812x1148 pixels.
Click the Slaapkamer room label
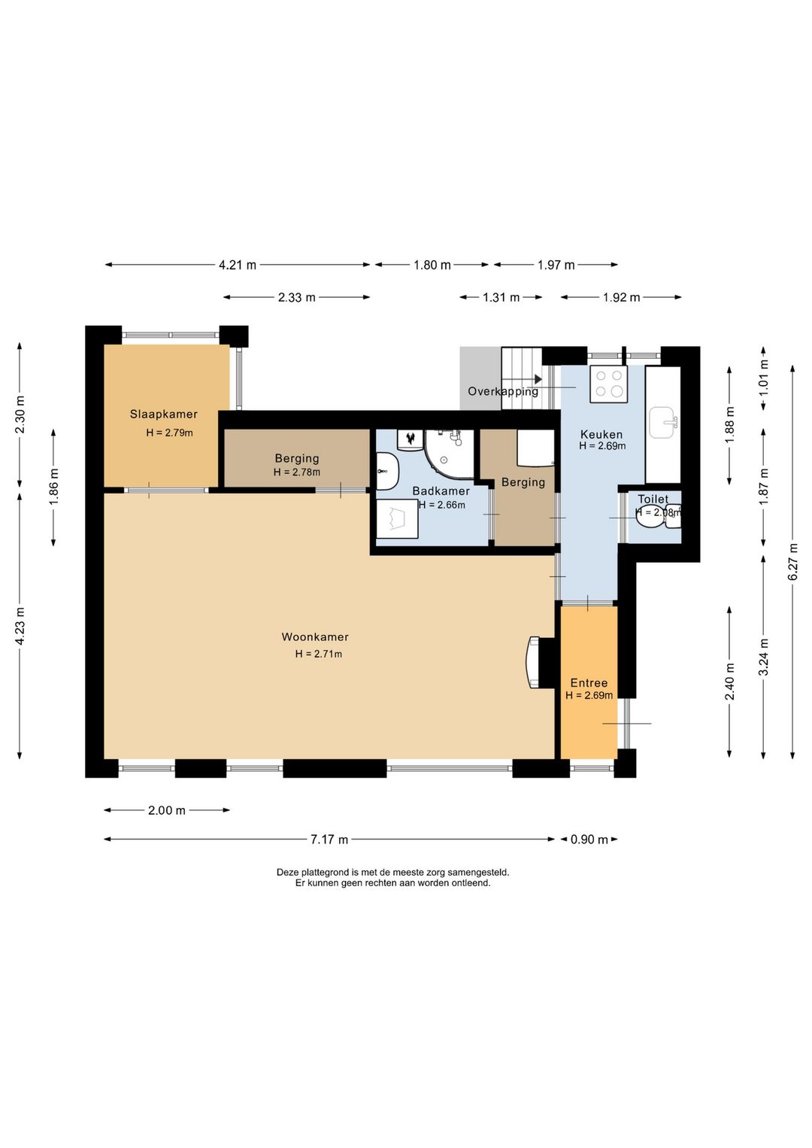(x=163, y=414)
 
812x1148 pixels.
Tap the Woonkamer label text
(x=315, y=637)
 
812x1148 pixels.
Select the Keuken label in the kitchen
(x=602, y=435)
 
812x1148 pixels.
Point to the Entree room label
(x=589, y=683)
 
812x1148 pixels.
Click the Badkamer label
(x=441, y=491)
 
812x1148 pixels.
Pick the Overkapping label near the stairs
(x=503, y=391)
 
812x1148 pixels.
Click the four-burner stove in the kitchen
(x=608, y=384)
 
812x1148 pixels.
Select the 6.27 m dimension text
(x=793, y=561)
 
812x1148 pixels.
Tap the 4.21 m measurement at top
(x=237, y=265)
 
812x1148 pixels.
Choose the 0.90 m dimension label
(x=589, y=840)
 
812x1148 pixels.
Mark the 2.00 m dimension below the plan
(x=166, y=810)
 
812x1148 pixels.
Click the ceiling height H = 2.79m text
(x=170, y=433)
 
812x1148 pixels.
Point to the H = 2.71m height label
(x=319, y=654)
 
